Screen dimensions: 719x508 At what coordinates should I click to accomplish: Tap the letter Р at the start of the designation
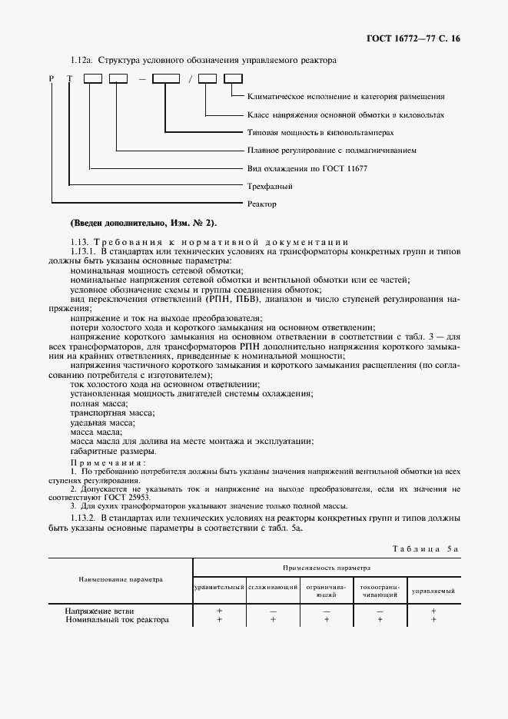pyautogui.click(x=51, y=78)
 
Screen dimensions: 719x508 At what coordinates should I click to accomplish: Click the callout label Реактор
pyautogui.click(x=262, y=204)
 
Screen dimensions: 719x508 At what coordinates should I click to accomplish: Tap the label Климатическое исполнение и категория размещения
pyautogui.click(x=346, y=97)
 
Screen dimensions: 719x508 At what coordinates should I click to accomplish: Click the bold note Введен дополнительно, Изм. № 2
pyautogui.click(x=144, y=223)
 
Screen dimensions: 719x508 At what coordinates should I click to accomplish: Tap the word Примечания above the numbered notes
pyautogui.click(x=107, y=463)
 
